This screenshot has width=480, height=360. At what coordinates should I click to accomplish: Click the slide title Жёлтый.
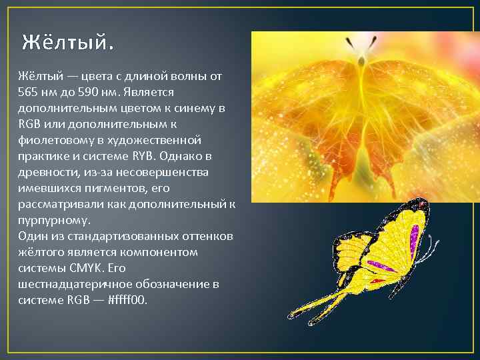click(x=67, y=43)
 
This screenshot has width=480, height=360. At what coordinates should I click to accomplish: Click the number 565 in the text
click(x=28, y=92)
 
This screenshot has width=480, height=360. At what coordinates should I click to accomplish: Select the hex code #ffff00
click(x=126, y=300)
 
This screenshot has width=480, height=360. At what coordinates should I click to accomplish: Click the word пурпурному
click(x=54, y=220)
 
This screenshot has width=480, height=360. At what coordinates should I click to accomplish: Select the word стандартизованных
click(x=117, y=236)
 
